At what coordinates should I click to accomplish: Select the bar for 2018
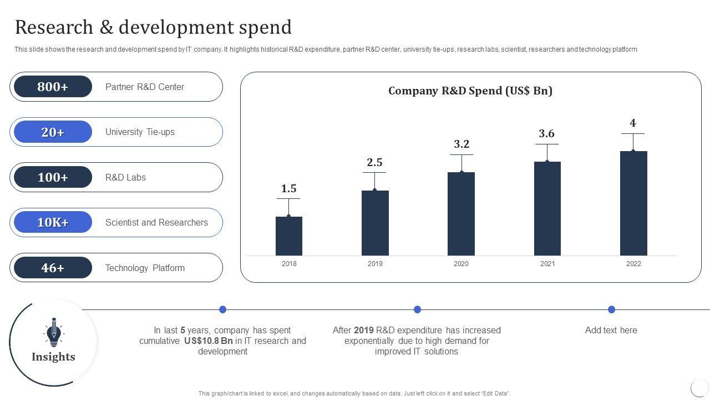(289, 236)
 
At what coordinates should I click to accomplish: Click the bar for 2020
(461, 214)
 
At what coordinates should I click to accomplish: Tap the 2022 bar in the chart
(633, 203)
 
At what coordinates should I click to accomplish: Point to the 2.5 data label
(374, 163)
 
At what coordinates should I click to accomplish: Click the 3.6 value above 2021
(546, 134)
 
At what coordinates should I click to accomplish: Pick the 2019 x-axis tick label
(375, 264)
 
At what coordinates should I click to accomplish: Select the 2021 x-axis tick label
(547, 264)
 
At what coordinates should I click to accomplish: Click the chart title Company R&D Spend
(470, 91)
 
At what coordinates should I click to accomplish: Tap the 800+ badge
(53, 87)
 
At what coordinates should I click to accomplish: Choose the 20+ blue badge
(53, 132)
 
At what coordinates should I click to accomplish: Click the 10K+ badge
(53, 223)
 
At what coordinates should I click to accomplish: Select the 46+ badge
(53, 268)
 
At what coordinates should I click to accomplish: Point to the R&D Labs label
(125, 178)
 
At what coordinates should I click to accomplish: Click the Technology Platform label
(145, 268)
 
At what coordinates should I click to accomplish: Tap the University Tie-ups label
(140, 132)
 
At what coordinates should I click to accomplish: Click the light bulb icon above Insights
(53, 332)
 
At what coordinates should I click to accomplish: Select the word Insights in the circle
(53, 357)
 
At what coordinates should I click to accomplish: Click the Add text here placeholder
(611, 331)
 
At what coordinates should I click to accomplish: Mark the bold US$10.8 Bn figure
(209, 341)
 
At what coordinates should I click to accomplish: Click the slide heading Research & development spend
(153, 27)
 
